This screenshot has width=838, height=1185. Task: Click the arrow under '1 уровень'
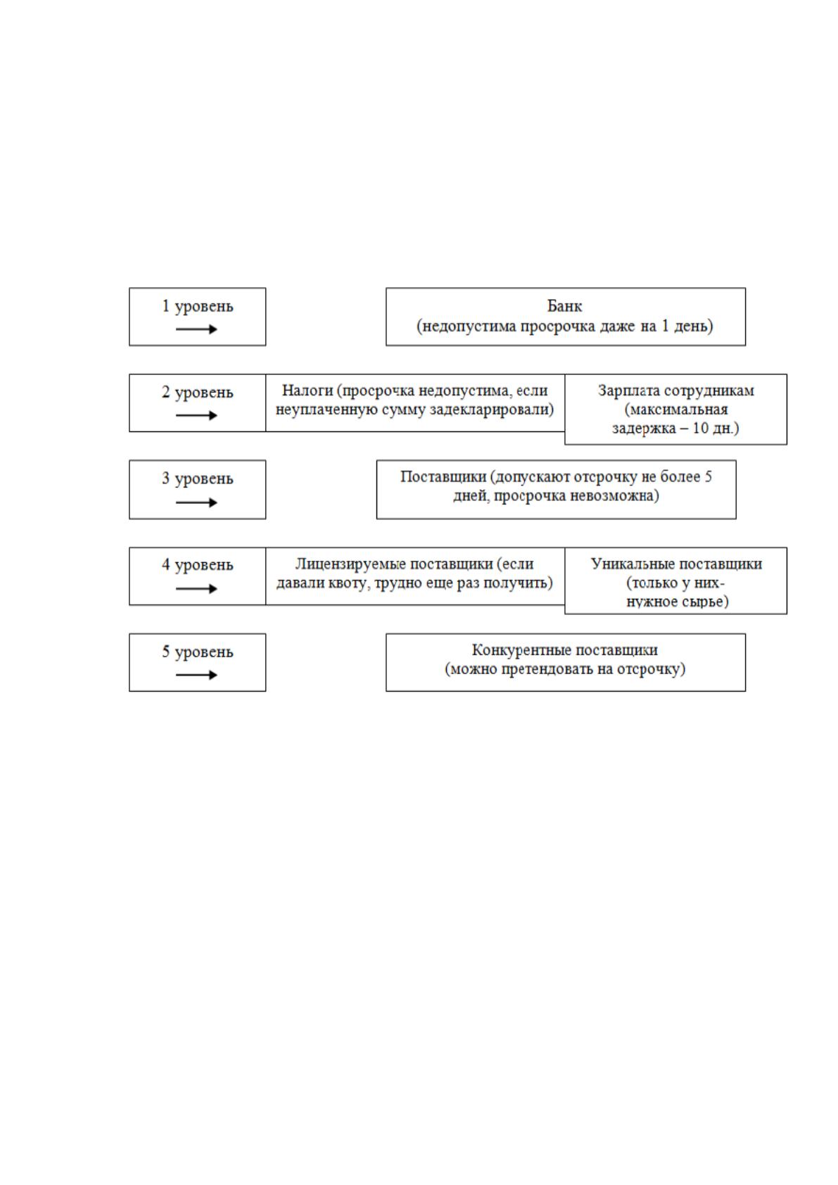196,329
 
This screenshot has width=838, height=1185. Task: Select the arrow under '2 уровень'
196,415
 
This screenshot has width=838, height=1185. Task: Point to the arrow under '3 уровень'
196,502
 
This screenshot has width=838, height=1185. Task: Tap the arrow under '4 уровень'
196,588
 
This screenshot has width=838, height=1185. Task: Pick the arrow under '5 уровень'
196,675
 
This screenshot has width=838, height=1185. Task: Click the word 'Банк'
564,306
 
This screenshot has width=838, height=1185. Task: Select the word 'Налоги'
307,391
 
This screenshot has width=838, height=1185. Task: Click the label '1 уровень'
197,306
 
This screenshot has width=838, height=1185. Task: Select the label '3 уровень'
197,479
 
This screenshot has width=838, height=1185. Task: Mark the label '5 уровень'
197,652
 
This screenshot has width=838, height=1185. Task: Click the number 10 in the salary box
700,427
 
